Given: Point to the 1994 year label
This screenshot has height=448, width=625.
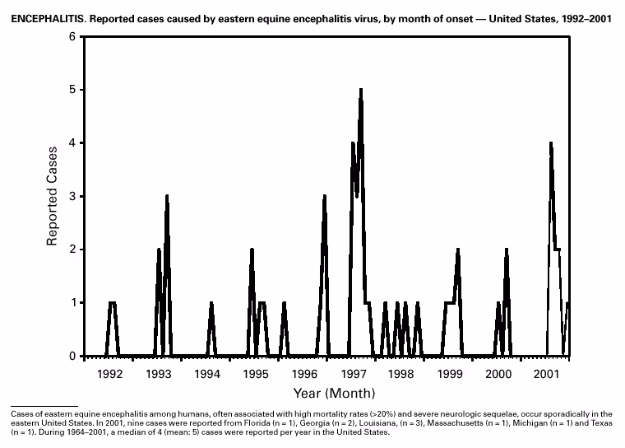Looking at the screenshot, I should [207, 374].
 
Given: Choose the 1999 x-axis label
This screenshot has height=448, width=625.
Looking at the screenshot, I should [450, 374].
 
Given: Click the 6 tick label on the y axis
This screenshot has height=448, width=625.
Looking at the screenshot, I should [72, 36].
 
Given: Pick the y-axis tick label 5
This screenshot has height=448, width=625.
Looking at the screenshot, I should [72, 89].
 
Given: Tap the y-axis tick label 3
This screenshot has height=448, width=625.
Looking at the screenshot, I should [72, 196].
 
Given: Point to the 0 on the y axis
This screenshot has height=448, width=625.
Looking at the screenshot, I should [72, 356].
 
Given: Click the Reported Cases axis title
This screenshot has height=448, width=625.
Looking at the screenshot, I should [52, 196].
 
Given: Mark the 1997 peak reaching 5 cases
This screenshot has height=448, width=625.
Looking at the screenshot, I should [360, 90].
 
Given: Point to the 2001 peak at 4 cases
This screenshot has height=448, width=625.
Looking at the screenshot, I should [550, 143].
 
